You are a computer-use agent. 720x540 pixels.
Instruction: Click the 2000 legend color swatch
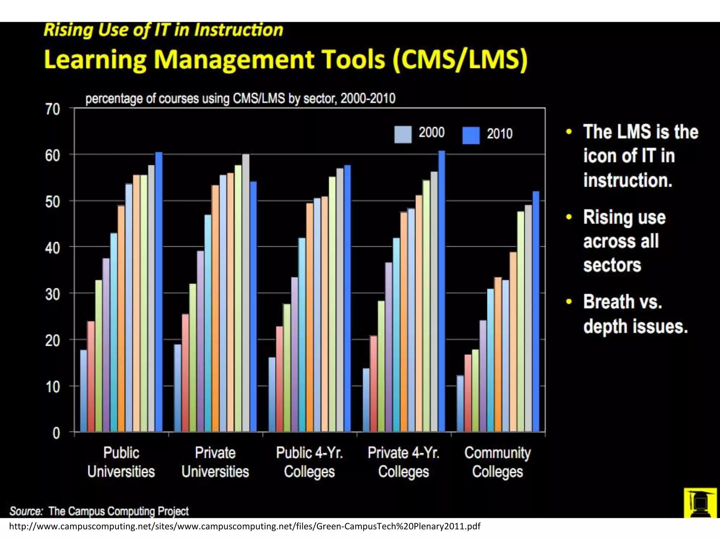click(403, 135)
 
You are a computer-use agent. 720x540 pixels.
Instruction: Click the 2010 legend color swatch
click(471, 135)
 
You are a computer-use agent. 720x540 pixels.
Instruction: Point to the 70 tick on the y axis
click(53, 110)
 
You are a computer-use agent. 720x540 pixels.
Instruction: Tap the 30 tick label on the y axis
click(53, 294)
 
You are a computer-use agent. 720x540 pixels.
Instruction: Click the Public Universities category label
click(121, 462)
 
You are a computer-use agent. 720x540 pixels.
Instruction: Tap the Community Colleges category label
click(497, 462)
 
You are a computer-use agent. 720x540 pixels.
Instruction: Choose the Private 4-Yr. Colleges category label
click(404, 462)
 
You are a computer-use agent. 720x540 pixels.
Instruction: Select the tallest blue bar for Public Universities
click(159, 292)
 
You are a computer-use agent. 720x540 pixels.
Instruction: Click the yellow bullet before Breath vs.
click(569, 302)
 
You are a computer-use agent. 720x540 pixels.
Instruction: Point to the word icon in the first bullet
click(600, 156)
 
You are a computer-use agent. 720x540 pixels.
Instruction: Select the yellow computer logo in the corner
click(700, 503)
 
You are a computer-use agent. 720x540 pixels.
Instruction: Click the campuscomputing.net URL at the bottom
click(244, 526)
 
